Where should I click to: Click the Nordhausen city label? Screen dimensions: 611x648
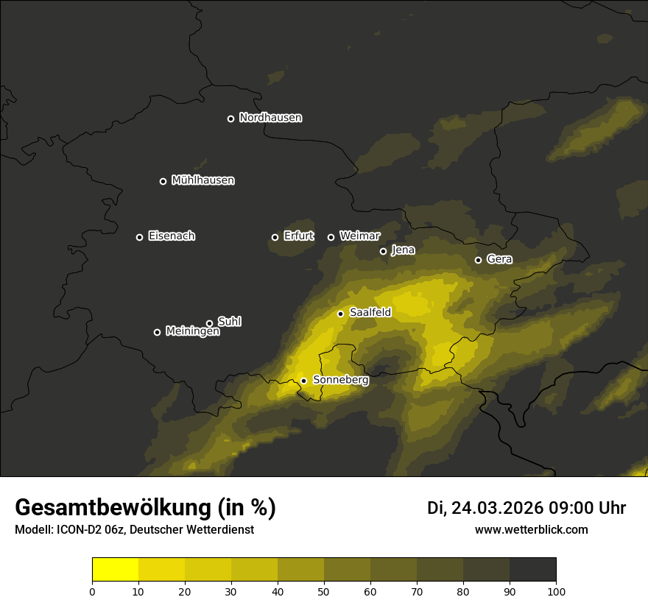click(270, 118)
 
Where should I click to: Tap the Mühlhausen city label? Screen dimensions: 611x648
click(202, 180)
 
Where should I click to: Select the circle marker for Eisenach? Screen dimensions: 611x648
click(139, 237)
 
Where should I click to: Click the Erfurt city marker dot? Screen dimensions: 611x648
click(275, 237)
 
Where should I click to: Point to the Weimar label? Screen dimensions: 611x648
click(359, 236)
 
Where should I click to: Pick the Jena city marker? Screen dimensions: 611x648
click(383, 251)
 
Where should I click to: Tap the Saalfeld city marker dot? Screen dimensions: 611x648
click(340, 314)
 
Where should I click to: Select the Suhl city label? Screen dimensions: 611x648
click(229, 322)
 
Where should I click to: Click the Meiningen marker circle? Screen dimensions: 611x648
click(157, 332)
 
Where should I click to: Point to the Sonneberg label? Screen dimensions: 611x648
click(340, 381)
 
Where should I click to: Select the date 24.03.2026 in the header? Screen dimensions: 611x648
click(497, 508)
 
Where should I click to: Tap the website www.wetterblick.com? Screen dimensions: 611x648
click(531, 529)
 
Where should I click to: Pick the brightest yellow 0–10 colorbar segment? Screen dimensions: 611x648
click(115, 569)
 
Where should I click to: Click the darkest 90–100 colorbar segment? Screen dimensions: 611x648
click(532, 569)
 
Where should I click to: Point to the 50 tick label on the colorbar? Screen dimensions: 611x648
click(324, 591)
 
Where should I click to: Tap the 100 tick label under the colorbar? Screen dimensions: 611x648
click(556, 591)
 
